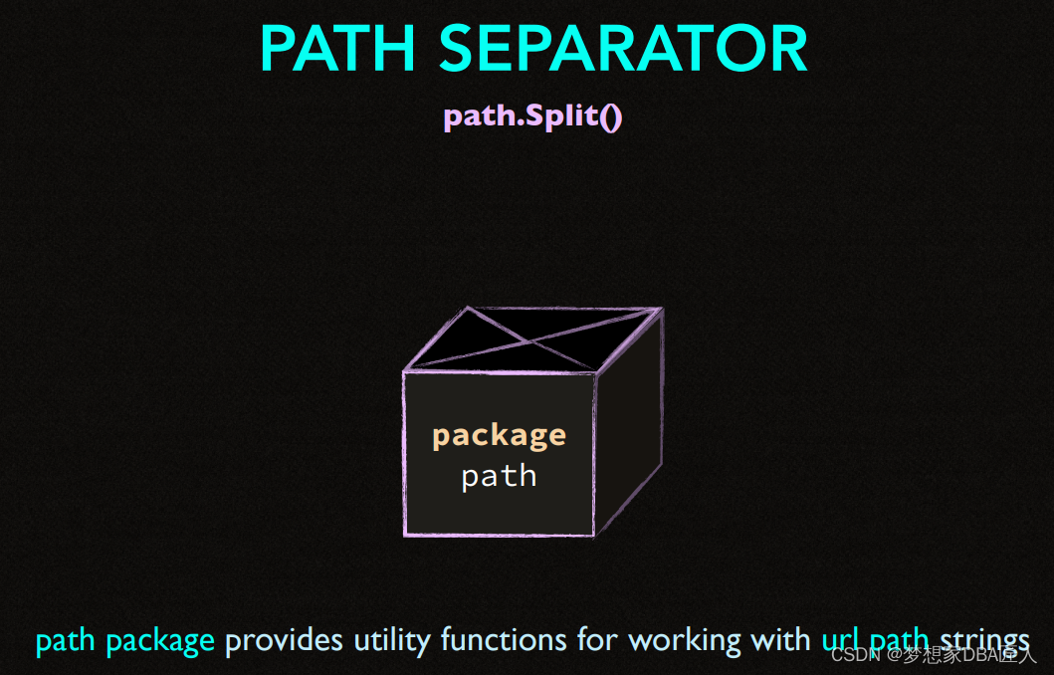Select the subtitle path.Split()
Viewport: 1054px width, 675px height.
tap(532, 116)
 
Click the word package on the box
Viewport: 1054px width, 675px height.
tap(499, 435)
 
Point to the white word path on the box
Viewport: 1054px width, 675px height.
tap(499, 476)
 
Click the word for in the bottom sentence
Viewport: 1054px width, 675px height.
tap(597, 639)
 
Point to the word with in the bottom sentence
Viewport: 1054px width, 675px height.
tap(780, 639)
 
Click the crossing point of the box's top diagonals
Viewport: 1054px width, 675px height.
tap(534, 341)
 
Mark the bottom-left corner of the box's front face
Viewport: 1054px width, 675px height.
tap(405, 536)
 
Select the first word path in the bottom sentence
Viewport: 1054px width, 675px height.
tap(66, 640)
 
